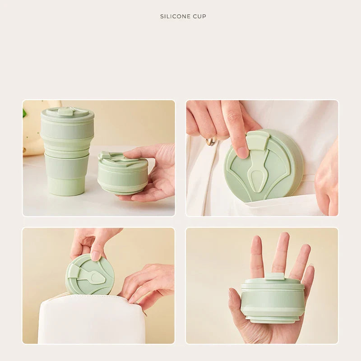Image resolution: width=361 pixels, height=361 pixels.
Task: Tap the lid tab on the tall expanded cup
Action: (x=66, y=111)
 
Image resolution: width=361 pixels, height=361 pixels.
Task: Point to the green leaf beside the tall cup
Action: (x=24, y=113)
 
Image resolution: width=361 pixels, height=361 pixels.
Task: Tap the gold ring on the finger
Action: (x=211, y=141)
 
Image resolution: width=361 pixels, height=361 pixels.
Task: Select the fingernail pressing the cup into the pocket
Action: (x=242, y=152)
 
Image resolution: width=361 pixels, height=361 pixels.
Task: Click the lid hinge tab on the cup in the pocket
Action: (x=258, y=140)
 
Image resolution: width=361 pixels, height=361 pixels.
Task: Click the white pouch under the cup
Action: (x=90, y=320)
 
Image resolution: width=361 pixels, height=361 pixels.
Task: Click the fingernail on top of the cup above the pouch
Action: (x=95, y=255)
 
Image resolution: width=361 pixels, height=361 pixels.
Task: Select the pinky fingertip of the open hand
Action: (x=310, y=270)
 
